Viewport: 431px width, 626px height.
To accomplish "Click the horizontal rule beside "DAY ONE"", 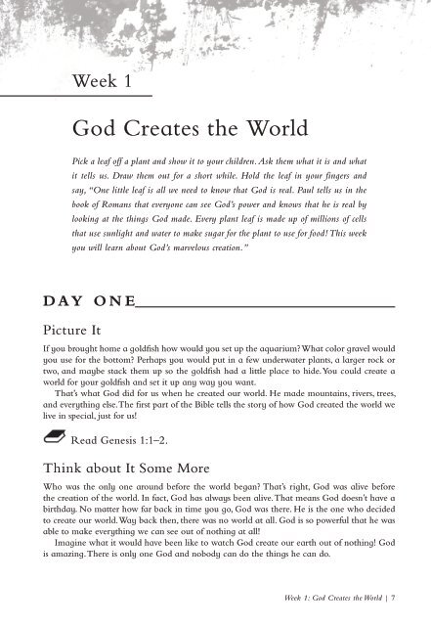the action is [x=264, y=306].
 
